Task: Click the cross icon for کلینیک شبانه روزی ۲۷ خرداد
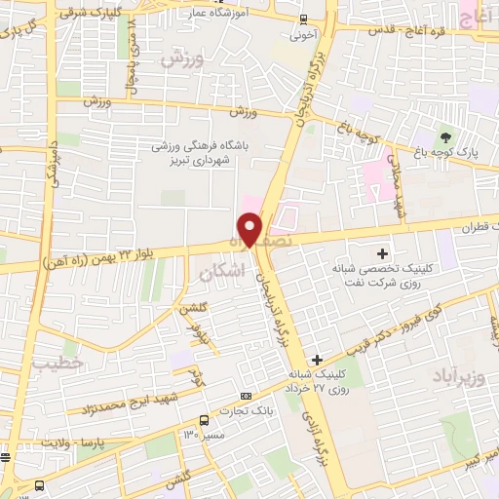(x=317, y=361)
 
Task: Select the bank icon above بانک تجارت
(x=246, y=396)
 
